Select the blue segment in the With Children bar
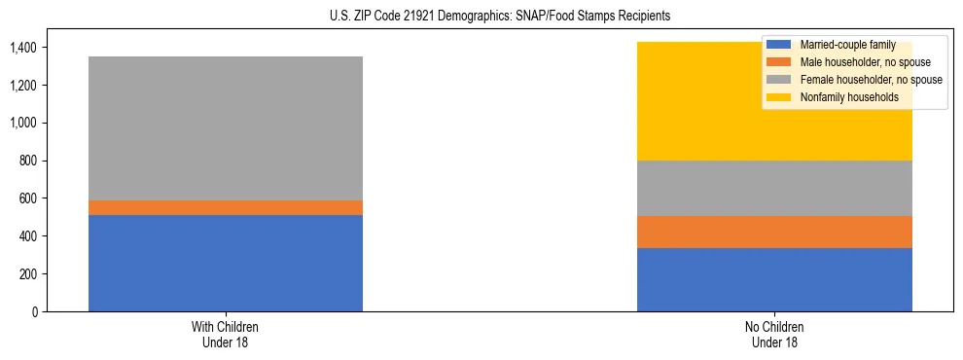[226, 263]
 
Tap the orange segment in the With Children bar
[226, 207]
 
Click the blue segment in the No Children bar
[774, 279]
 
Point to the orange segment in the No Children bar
[774, 232]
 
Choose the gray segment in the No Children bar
[774, 188]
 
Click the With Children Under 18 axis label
[226, 334]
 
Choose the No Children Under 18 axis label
[774, 334]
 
